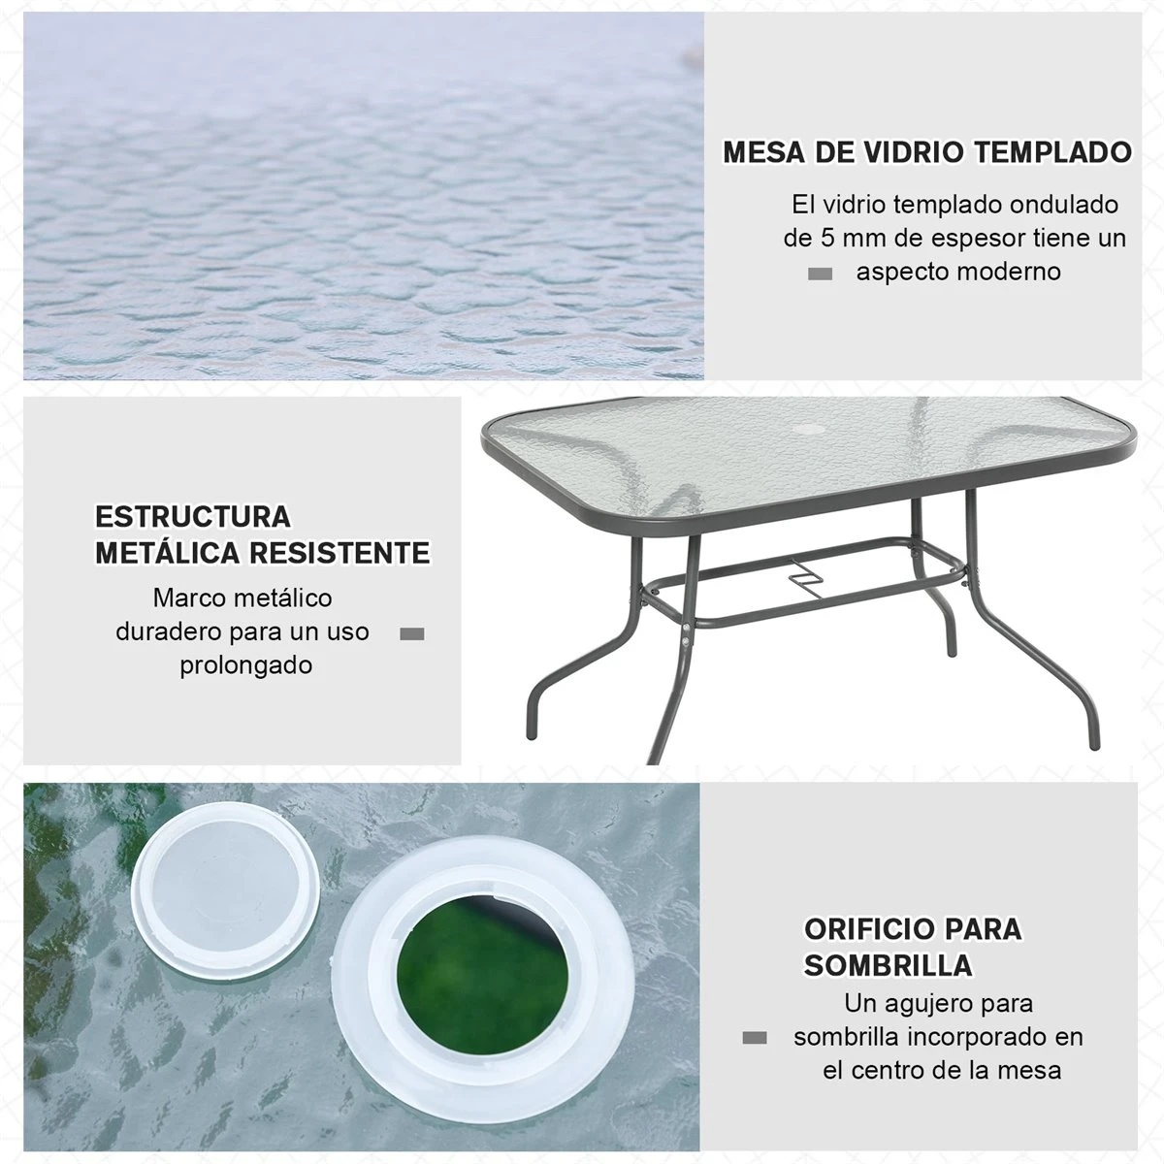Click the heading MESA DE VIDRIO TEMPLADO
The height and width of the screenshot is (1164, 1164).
pyautogui.click(x=927, y=153)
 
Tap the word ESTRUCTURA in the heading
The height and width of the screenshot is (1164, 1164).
pyautogui.click(x=192, y=516)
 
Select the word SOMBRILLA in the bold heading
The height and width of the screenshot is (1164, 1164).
pyautogui.click(x=888, y=965)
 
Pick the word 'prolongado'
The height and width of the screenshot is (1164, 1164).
pyautogui.click(x=245, y=665)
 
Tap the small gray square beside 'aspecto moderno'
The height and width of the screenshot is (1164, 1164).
pyautogui.click(x=821, y=275)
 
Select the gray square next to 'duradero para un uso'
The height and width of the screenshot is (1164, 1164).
pyautogui.click(x=412, y=634)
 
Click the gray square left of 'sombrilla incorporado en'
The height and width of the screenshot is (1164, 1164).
pyautogui.click(x=754, y=1038)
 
